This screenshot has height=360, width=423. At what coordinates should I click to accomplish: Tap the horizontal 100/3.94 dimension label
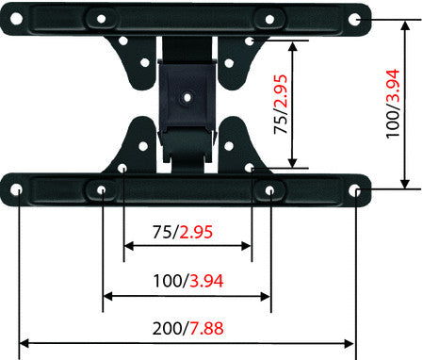(x=186, y=281)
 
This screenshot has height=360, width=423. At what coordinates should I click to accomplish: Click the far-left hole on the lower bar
(x=18, y=190)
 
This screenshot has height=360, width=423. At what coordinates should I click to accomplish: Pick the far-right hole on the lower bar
(x=355, y=190)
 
